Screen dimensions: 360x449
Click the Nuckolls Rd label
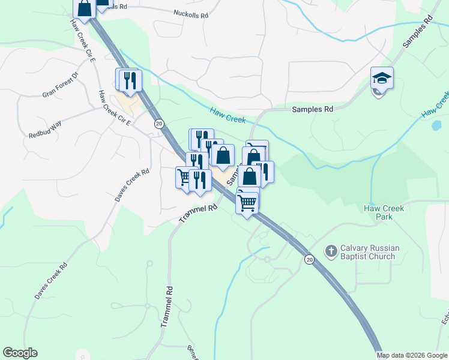click(190, 13)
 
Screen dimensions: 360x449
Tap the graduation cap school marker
click(382, 78)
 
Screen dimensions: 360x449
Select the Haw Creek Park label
click(384, 212)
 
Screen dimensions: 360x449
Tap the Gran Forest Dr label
click(61, 86)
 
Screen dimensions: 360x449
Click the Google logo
click(20, 353)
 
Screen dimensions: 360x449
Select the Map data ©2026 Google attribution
click(411, 355)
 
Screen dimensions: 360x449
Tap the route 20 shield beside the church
click(309, 259)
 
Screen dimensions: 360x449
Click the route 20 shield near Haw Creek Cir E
click(158, 123)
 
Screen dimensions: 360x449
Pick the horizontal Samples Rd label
click(312, 110)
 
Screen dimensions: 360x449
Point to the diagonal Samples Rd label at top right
click(418, 32)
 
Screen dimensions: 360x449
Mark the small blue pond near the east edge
click(437, 126)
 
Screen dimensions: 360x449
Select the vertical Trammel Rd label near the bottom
click(167, 305)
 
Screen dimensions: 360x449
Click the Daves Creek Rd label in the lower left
click(50, 281)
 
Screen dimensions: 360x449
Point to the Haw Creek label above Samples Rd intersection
click(228, 115)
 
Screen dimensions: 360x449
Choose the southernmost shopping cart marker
click(247, 203)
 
